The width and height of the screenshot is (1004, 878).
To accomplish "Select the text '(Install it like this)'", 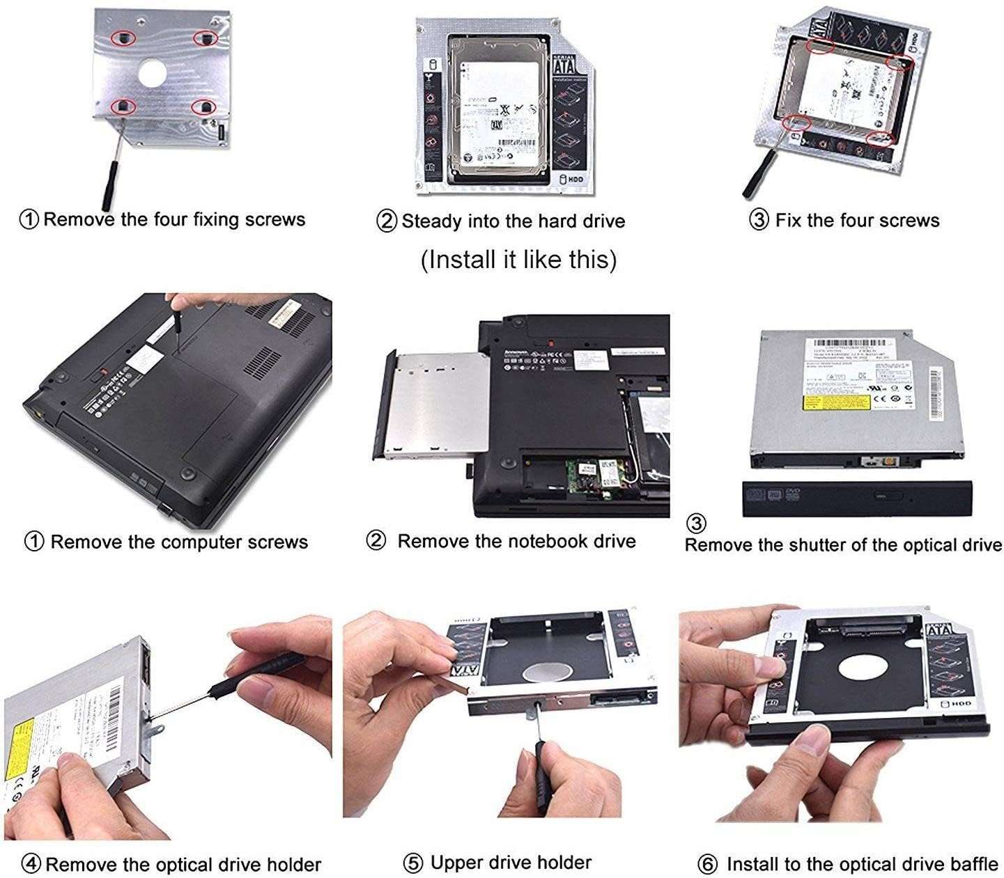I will [518, 259].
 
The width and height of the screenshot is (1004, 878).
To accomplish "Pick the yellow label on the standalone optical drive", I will [836, 403].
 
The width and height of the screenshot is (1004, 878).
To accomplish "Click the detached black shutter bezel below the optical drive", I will [847, 498].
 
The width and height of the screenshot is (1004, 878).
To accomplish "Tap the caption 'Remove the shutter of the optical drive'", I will [843, 544].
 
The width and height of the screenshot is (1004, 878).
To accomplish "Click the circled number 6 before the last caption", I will [707, 865].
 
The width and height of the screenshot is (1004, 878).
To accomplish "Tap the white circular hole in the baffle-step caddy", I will [861, 668].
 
